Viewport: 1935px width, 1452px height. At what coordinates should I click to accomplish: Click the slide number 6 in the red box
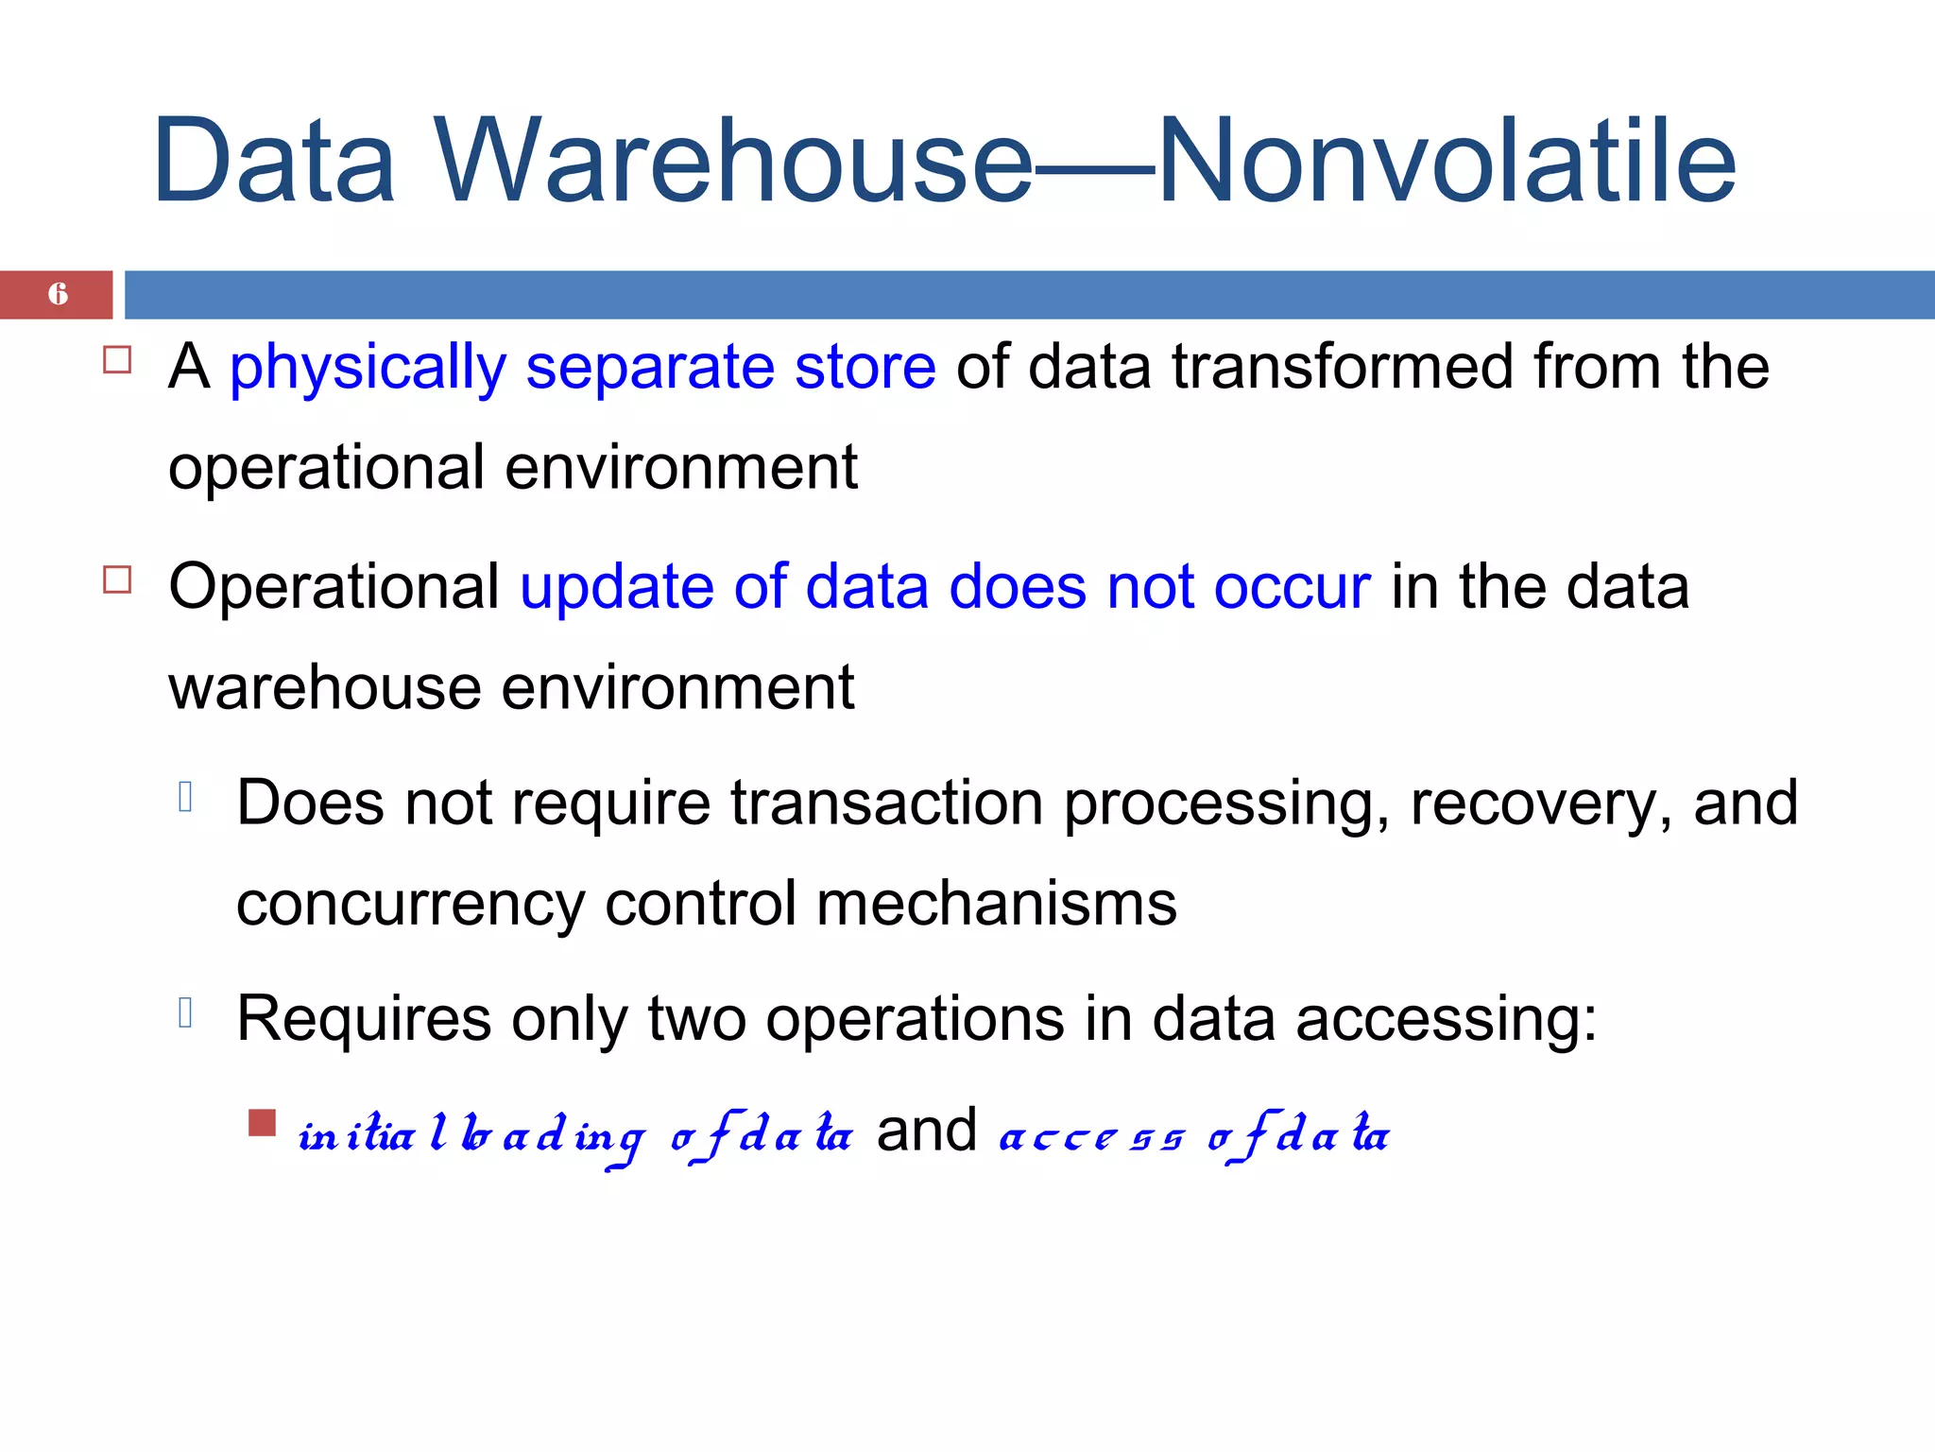point(58,294)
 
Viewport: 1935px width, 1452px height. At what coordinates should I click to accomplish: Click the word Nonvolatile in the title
point(1447,161)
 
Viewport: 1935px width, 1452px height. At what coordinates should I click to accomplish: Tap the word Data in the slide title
point(273,161)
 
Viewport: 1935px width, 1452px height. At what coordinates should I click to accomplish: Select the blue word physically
point(368,369)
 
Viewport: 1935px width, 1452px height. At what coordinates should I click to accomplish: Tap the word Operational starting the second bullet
point(334,588)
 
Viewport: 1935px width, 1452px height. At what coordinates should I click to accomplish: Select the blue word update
point(617,588)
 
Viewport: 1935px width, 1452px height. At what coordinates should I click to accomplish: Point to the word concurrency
point(410,906)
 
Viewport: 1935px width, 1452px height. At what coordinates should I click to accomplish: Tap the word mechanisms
point(996,904)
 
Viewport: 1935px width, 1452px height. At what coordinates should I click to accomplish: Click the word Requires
point(364,1021)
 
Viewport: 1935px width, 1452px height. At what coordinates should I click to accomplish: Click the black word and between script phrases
point(926,1131)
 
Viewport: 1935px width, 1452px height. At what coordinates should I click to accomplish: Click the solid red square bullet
point(262,1123)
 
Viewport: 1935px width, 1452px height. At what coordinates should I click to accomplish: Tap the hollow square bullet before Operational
point(117,579)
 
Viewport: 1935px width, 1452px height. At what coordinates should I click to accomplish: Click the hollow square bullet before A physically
point(117,360)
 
